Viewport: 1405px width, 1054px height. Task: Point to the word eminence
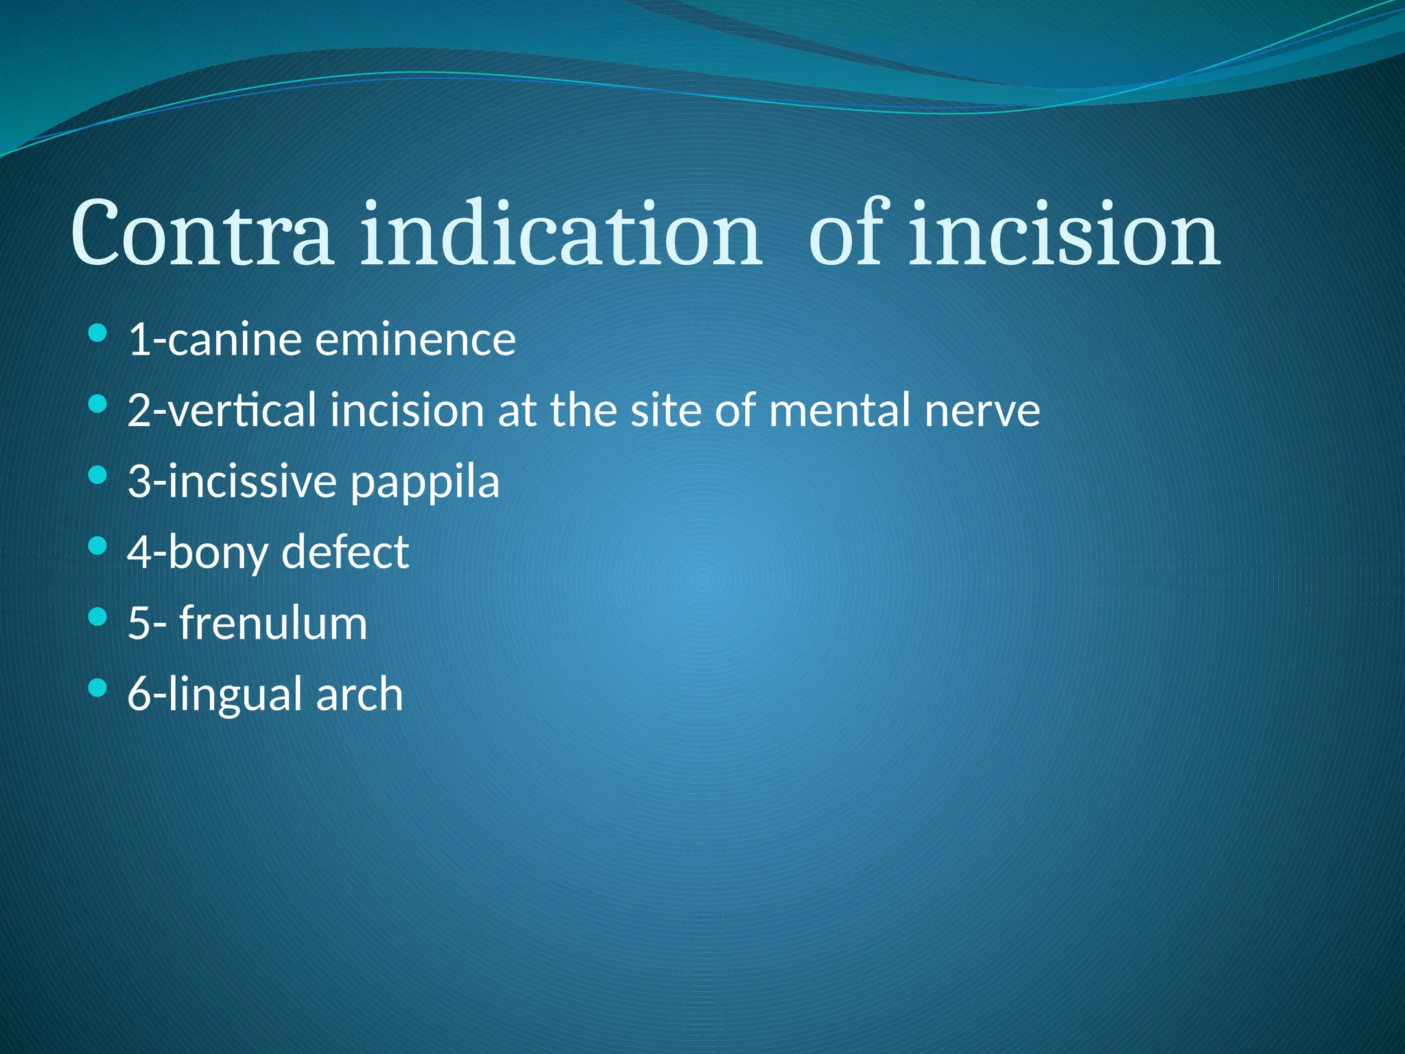pos(415,340)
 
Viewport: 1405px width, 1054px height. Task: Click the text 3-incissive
pos(232,482)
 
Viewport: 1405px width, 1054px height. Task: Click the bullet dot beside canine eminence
pos(98,333)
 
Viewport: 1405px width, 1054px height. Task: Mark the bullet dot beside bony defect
pos(98,546)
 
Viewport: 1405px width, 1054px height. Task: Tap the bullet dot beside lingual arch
pos(98,688)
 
